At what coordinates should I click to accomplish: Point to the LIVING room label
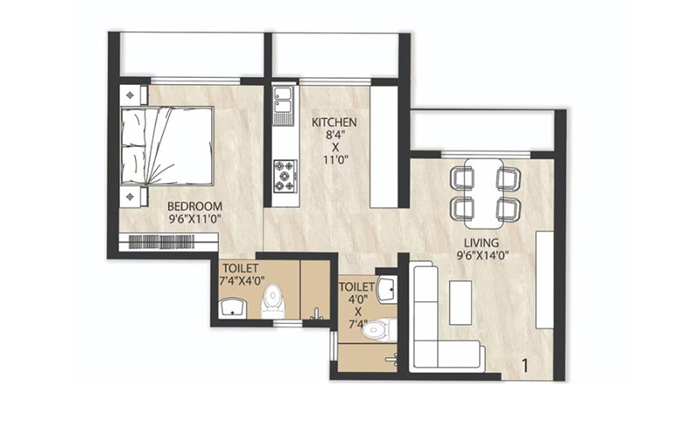(x=482, y=243)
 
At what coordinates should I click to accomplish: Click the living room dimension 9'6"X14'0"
(x=482, y=256)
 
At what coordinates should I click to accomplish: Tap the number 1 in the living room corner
(x=525, y=366)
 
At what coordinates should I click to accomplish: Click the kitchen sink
(x=283, y=104)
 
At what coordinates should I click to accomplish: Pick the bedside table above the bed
(x=131, y=94)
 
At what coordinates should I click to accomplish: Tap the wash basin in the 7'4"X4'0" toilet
(x=232, y=306)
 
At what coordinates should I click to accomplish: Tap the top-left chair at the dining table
(x=462, y=178)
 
